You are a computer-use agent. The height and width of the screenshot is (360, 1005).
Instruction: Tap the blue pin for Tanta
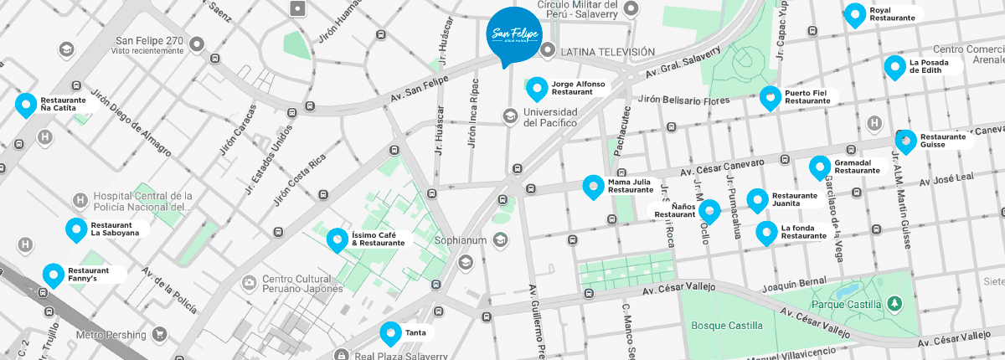[x=390, y=332]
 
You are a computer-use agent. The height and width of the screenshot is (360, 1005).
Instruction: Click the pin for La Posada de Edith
[x=895, y=65]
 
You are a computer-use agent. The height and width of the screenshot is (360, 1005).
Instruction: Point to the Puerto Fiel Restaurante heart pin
[x=770, y=97]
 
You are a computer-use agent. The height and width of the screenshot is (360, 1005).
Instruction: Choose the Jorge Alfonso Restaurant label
[x=577, y=88]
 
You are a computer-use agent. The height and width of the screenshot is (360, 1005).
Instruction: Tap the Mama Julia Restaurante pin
[x=594, y=186]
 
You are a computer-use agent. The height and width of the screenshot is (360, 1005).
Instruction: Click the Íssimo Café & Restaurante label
[x=378, y=239]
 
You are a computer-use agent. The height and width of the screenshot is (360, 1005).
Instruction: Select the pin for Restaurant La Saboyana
[x=76, y=229]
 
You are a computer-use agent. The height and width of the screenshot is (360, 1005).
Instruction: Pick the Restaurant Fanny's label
[x=89, y=275]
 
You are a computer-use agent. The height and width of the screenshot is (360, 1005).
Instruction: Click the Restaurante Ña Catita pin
[x=26, y=105]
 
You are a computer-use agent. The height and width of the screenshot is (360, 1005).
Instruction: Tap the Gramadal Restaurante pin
[x=819, y=167]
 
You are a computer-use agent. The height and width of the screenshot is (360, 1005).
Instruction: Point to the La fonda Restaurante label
[x=803, y=232]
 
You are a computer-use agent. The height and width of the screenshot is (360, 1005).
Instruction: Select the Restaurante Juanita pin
[x=757, y=199]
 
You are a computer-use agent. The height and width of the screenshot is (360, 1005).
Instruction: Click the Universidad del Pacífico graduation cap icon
[x=509, y=116]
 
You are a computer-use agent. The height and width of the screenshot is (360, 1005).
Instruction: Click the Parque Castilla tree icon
[x=895, y=302]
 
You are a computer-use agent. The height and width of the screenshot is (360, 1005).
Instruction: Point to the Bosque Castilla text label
[x=726, y=325]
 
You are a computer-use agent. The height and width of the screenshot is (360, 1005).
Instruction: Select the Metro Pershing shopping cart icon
[x=159, y=335]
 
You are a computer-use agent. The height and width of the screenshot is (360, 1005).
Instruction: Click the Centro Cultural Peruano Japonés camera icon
[x=247, y=283]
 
